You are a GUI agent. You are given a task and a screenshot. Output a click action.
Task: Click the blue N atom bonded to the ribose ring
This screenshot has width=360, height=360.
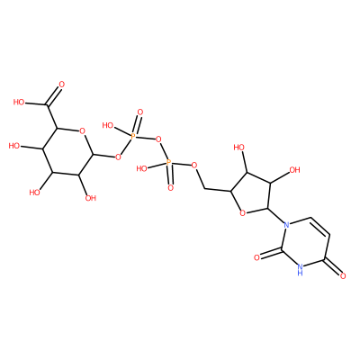coord(287,224)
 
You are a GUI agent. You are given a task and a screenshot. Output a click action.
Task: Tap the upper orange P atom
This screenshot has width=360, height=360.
coord(133,137)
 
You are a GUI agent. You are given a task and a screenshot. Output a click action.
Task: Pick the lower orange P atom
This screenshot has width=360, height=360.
coord(168,163)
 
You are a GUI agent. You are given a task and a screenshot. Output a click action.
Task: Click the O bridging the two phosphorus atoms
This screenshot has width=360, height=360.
coord(158,139)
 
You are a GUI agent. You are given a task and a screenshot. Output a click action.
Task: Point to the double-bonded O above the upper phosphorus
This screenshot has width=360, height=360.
coord(140,112)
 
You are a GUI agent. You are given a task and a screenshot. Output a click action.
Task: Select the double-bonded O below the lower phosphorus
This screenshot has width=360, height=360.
coord(171,188)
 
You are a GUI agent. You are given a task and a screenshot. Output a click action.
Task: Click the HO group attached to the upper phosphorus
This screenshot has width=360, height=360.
coord(108,125)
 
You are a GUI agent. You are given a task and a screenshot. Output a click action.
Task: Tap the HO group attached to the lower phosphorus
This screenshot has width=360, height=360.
coord(141,168)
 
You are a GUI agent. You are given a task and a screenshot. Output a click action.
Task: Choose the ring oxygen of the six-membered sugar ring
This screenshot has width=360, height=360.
coord(82,130)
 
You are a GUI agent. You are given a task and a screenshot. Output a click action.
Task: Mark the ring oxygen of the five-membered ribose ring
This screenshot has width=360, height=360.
coord(242,213)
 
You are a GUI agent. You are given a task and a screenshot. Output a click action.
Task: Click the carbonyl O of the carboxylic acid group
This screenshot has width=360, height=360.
coord(62,85)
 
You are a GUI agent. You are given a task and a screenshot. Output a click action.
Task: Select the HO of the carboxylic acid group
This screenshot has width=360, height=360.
coord(19,103)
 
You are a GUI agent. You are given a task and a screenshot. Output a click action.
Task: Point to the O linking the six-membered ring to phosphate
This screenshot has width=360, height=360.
coord(118,157)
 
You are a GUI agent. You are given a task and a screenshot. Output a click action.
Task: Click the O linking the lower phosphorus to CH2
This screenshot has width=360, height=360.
coord(194,165)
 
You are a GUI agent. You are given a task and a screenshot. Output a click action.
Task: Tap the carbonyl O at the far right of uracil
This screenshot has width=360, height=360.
coord(344,275)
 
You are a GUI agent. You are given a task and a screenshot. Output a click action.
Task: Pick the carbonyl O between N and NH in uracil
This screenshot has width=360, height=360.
coord(256,257)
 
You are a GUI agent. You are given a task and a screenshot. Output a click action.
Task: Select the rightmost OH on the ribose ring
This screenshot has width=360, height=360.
coord(294,170)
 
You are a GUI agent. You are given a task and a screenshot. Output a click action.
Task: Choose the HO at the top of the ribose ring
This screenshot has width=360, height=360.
coord(239,148)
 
